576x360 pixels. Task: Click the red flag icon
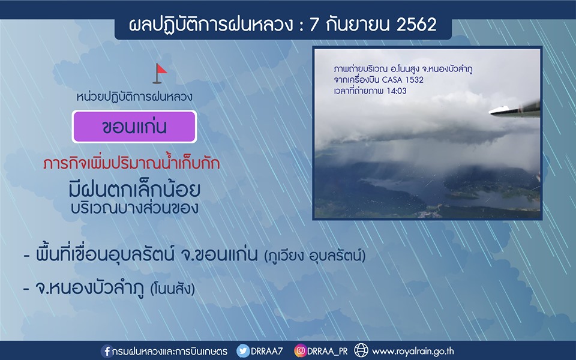pyautogui.click(x=160, y=73)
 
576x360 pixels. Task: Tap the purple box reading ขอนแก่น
pyautogui.click(x=134, y=127)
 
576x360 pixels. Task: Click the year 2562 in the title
pyautogui.click(x=416, y=25)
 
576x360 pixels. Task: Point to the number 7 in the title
pyautogui.click(x=314, y=25)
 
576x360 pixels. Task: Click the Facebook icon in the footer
pyautogui.click(x=107, y=351)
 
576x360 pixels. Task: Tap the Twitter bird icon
pyautogui.click(x=243, y=351)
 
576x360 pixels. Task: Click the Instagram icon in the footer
pyautogui.click(x=300, y=351)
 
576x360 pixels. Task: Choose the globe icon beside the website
pyautogui.click(x=361, y=350)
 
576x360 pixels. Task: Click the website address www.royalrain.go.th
pyautogui.click(x=413, y=352)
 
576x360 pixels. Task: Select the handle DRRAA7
pyautogui.click(x=266, y=351)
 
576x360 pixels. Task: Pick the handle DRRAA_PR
pyautogui.click(x=328, y=352)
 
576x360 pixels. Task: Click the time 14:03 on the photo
pyautogui.click(x=397, y=91)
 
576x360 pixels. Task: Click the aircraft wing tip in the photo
pyautogui.click(x=490, y=112)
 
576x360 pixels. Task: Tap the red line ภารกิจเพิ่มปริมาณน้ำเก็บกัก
pyautogui.click(x=131, y=163)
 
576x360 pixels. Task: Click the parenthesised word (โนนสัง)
pyautogui.click(x=172, y=289)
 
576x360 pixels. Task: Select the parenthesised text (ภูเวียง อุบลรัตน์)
pyautogui.click(x=315, y=256)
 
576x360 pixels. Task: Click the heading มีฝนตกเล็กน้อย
pyautogui.click(x=134, y=190)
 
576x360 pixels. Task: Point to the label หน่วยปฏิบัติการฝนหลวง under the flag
pyautogui.click(x=134, y=97)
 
